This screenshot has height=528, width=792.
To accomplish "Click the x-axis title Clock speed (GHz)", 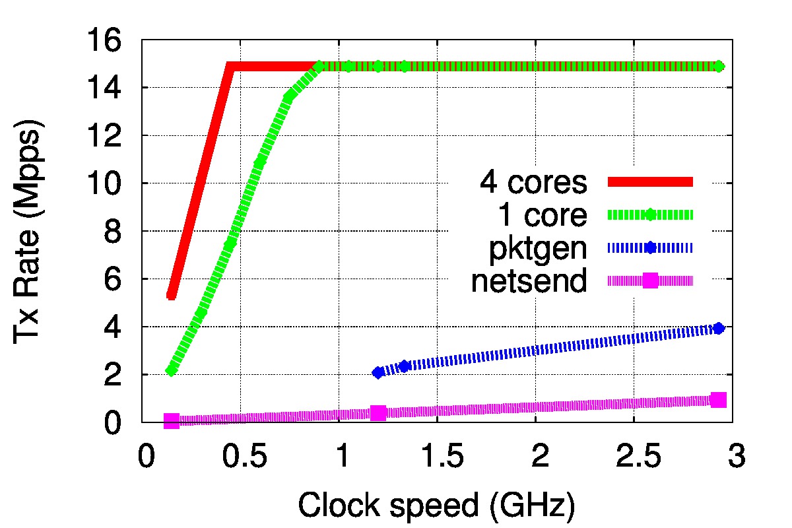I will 436,507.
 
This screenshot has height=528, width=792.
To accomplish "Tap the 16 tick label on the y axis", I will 106,41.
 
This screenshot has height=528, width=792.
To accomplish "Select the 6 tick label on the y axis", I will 114,279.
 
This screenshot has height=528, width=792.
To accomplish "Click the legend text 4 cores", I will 533,183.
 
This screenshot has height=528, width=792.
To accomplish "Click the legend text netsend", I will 529,281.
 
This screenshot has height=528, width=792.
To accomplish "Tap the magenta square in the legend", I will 650,280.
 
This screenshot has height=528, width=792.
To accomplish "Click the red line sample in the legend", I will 650,182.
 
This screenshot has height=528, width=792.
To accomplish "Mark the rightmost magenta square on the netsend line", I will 719,399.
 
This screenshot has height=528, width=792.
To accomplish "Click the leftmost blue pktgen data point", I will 378,372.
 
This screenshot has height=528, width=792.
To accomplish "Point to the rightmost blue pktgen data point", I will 719,328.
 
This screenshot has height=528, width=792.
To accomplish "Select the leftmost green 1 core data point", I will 172,370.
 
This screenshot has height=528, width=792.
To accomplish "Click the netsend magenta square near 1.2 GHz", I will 378,412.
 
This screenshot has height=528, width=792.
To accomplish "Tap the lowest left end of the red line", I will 172,295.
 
